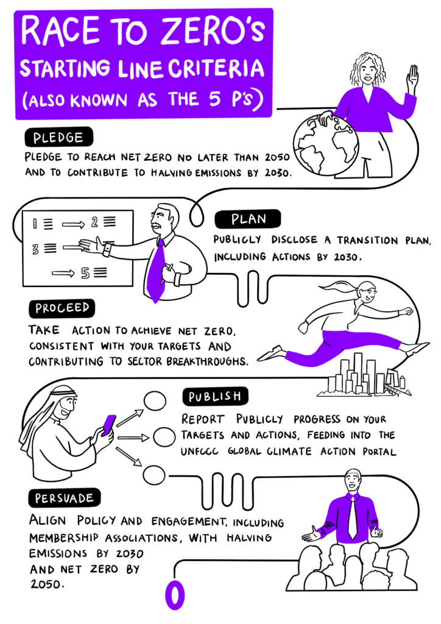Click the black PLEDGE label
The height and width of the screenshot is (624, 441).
58,137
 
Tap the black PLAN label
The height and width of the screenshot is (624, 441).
248,219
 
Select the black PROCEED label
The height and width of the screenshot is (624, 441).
62,308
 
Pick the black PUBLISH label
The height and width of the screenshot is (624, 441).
215,396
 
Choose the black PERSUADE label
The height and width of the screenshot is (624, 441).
64,498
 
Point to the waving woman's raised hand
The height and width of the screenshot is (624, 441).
412,78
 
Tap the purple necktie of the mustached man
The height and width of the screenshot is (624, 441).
157,270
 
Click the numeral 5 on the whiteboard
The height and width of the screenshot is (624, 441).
85,273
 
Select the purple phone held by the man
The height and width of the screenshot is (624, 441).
108,425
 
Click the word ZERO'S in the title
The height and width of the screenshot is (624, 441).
213,30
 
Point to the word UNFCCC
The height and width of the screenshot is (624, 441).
199,452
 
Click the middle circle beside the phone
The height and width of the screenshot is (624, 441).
164,437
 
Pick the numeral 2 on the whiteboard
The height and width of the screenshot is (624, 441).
94,222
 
